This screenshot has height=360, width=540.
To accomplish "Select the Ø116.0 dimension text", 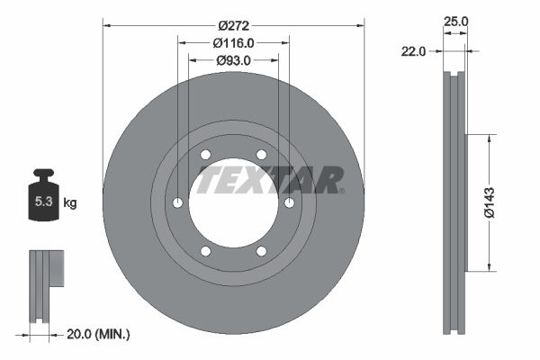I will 233,41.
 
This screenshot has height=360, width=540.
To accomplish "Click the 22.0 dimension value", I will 413,52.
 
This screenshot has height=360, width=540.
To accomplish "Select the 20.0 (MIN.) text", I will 99,334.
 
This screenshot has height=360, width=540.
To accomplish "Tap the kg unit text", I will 70,203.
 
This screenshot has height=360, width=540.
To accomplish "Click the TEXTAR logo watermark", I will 269,179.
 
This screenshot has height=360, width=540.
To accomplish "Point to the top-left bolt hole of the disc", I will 205,154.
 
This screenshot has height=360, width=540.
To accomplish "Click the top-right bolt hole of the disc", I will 262,154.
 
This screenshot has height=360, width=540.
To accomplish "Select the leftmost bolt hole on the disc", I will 177,202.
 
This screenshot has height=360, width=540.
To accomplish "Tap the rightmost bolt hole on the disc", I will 290,202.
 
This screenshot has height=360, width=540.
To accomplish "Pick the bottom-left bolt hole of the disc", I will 205,251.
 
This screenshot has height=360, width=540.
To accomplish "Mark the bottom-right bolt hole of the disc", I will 262,251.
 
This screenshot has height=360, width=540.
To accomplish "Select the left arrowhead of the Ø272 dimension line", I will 107,26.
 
